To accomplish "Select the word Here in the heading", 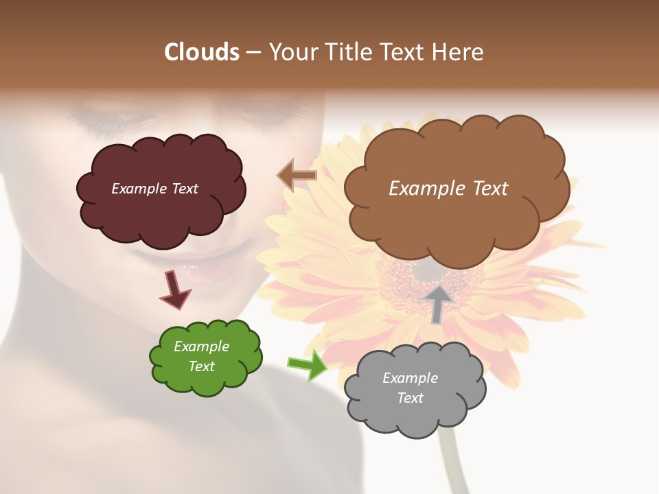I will (459, 52).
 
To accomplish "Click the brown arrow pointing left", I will (297, 176).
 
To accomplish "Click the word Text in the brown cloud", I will (487, 189).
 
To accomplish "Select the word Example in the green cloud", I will (201, 346).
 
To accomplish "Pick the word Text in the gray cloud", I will (410, 398).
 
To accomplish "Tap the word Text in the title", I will (405, 52).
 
